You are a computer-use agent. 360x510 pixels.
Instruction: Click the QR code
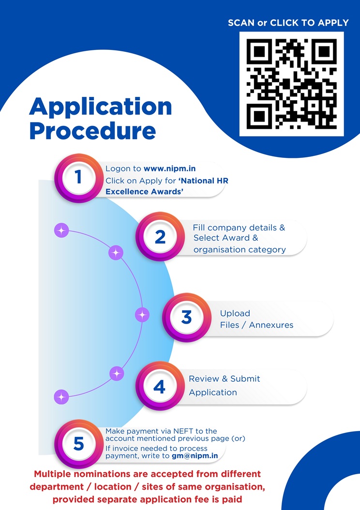click(x=291, y=84)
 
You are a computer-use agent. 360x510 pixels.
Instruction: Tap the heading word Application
click(x=101, y=107)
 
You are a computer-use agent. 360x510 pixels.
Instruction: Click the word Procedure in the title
click(x=92, y=131)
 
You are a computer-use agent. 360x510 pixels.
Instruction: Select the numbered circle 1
click(x=78, y=178)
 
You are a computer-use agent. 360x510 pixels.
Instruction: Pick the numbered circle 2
click(x=160, y=237)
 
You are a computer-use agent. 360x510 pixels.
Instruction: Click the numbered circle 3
click(x=186, y=318)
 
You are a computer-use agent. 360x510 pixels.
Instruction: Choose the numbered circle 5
click(x=78, y=444)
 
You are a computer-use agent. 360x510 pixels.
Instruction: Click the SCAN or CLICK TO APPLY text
click(x=288, y=23)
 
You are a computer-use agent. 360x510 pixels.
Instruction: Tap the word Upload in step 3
click(x=235, y=313)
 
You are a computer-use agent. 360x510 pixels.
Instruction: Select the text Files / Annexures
click(x=256, y=325)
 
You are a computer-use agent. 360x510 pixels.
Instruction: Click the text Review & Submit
click(x=225, y=379)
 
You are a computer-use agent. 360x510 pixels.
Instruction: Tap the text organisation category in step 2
click(x=240, y=250)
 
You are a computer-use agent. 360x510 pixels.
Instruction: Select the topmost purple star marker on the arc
click(x=61, y=231)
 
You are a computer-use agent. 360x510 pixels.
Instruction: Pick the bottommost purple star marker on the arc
click(x=61, y=397)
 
